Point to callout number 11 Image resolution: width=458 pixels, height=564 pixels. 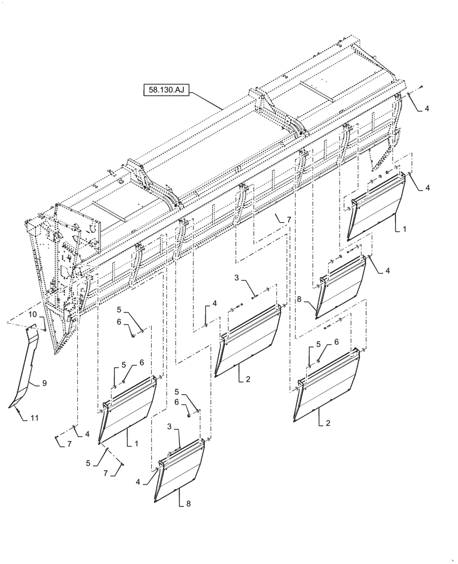[34, 417]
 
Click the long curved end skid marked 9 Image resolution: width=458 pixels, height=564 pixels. [25, 367]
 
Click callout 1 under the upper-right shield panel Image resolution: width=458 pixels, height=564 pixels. [405, 230]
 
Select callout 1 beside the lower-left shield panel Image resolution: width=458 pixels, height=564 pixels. [136, 443]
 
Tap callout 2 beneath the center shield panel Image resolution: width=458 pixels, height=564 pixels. [247, 380]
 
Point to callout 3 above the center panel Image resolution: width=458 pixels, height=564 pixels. [237, 277]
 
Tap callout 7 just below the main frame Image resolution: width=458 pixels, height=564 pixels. [288, 218]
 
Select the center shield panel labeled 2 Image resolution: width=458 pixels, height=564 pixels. [248, 341]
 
